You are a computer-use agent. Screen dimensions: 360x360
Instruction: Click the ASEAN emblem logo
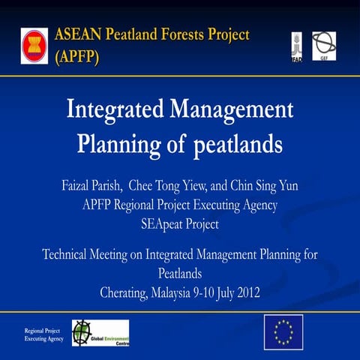(x=34, y=44)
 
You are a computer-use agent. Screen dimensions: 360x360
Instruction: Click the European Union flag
(x=283, y=329)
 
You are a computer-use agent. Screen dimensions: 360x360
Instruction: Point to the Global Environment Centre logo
(x=100, y=332)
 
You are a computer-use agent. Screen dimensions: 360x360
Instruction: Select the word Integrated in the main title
(x=117, y=110)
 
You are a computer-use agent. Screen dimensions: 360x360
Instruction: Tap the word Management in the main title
(x=235, y=110)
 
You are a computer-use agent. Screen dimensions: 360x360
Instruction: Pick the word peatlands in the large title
(x=243, y=144)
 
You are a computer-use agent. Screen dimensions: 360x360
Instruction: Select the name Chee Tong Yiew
(x=172, y=186)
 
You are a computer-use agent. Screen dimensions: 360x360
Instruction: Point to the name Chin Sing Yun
(x=264, y=186)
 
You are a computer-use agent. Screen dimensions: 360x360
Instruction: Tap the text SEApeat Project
(x=180, y=223)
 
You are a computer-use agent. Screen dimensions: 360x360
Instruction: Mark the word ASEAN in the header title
(x=79, y=34)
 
